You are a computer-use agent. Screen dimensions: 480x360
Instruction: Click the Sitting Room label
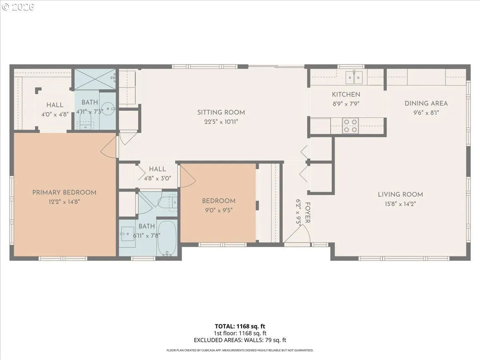pos(221,112)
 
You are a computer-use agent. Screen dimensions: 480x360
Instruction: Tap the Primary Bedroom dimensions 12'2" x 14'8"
pos(64,202)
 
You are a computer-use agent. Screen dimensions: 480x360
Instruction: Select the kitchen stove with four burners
pos(350,126)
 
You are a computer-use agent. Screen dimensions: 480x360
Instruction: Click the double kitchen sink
pos(354,77)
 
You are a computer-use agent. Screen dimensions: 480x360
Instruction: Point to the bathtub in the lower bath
pos(167,238)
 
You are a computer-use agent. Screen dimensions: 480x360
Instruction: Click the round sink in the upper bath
pos(108,109)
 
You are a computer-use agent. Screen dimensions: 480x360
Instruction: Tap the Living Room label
pos(400,194)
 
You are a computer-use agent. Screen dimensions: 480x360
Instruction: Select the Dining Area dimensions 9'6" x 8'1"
pos(426,113)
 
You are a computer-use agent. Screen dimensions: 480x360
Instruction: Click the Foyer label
pos(307,213)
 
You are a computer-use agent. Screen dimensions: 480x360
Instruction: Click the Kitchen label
pos(346,95)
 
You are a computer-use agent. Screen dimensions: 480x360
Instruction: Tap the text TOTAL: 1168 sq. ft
pos(240,326)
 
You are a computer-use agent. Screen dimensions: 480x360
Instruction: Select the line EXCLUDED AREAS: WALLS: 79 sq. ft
pos(240,340)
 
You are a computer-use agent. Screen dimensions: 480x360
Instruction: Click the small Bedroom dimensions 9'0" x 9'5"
pos(219,210)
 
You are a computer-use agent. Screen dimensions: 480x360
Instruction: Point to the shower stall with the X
pos(95,79)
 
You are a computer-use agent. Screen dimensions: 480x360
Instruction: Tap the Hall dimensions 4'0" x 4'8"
pos(55,114)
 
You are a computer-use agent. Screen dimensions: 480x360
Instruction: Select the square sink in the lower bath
pos(127,234)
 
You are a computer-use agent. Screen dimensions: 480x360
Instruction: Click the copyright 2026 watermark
pos(18,7)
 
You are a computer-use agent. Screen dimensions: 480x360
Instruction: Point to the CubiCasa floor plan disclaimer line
pos(240,350)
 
